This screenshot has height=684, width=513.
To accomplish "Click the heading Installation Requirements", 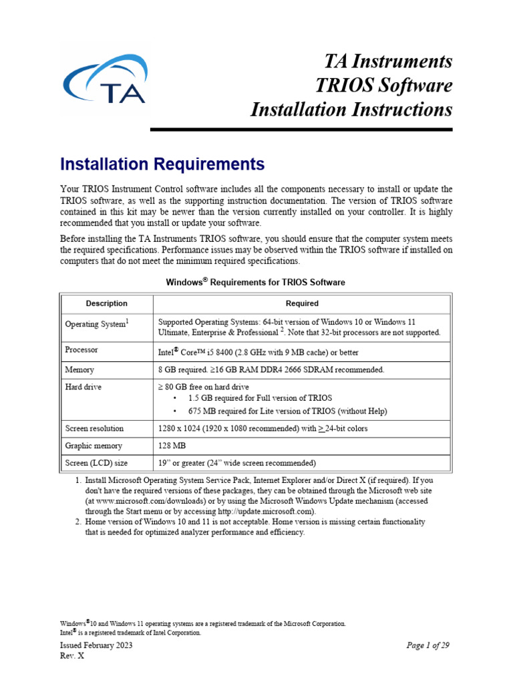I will tap(162, 164).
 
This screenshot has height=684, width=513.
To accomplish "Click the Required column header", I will tap(302, 303).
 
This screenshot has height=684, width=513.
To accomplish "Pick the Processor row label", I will tap(81, 349).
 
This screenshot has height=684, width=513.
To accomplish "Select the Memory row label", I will tap(79, 369).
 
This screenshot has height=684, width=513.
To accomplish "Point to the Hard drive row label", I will tap(83, 387).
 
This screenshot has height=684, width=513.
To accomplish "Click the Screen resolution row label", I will tap(94, 428).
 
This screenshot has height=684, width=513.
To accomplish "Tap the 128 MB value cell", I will tap(172, 446).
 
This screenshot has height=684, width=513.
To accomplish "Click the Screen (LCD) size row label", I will tap(96, 463).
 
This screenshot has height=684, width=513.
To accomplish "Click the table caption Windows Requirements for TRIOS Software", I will tap(255, 282).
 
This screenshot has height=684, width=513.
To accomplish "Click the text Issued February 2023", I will tap(96, 645).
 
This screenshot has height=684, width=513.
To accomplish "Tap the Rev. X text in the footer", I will tap(72, 655).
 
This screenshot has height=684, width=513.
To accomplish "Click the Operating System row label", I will tap(96, 324).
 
